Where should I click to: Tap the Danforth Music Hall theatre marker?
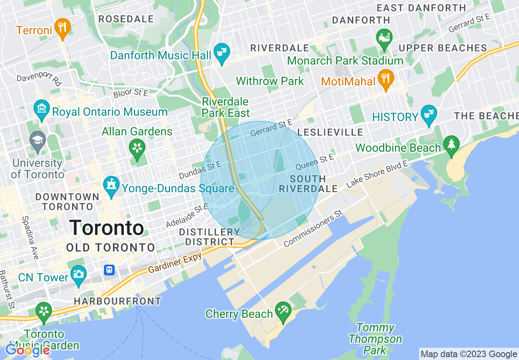pos(222,52)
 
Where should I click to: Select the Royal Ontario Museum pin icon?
pos(41,109)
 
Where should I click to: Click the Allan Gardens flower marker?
pos(137,148)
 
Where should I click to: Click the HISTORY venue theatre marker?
pos(429,114)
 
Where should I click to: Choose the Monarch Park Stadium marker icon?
pos(384,38)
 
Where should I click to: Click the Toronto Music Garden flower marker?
pos(44,312)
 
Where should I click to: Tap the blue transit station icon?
pos(109,270)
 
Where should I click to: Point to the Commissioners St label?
pos(313,229)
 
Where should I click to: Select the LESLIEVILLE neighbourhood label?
pos(330,132)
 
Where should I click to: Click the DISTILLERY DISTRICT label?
pos(210,237)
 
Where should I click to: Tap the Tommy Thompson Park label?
pos(375,339)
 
